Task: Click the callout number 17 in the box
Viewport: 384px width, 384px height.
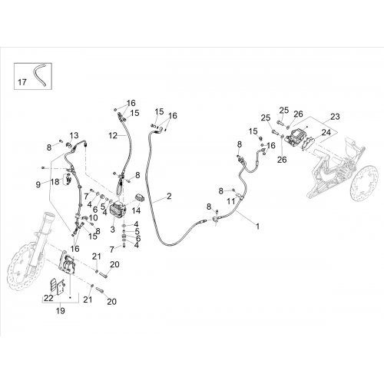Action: tap(22, 82)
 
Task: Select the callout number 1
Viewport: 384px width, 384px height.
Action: tap(258, 227)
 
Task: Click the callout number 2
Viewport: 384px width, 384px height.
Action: tap(169, 196)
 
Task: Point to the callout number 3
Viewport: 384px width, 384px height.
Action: tap(113, 230)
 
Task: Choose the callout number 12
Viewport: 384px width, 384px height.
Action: tap(113, 135)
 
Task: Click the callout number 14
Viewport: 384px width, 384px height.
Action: tap(137, 210)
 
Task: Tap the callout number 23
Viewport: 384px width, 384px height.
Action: tap(335, 117)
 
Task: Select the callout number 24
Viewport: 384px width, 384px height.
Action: tap(326, 132)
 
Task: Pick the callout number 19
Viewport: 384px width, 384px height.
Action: tap(61, 311)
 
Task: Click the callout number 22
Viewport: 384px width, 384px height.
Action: tap(48, 298)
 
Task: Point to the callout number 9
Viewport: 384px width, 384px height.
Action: tap(38, 184)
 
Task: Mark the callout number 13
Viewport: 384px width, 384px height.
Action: tap(74, 135)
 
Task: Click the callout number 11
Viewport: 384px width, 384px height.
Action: tap(231, 201)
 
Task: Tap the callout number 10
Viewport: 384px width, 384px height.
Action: tap(93, 217)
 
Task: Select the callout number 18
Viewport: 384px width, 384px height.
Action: tap(55, 182)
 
